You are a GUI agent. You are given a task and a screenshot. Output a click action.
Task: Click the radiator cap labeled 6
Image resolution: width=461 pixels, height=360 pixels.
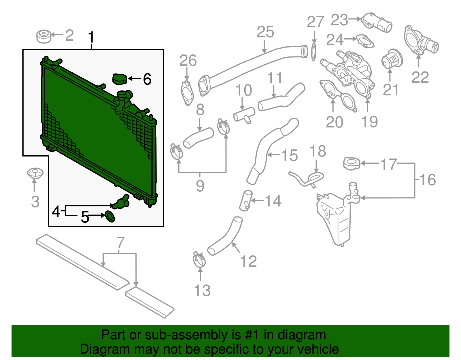click(120, 79)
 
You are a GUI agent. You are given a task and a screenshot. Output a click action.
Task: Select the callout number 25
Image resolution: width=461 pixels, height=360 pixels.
click(265, 32)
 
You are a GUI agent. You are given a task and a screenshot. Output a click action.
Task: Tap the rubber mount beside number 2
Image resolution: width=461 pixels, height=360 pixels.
click(44, 36)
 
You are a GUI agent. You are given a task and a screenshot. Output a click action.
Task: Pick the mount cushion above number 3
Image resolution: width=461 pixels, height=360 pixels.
click(35, 173)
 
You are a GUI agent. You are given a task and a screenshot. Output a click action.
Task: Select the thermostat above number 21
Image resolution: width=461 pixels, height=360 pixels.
click(392, 59)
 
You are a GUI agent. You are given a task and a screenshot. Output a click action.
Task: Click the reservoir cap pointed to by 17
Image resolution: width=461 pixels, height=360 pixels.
click(352, 163)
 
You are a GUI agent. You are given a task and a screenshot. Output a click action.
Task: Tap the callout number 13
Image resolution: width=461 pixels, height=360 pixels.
click(202, 290)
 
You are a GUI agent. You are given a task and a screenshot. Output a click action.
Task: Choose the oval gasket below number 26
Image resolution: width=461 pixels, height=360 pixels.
click(187, 93)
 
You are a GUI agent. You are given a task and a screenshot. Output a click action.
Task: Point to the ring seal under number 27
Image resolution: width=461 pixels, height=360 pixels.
click(314, 52)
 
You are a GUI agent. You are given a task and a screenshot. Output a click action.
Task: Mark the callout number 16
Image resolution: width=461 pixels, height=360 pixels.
click(428, 180)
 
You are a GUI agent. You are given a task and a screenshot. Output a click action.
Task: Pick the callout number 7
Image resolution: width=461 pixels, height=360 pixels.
click(120, 243)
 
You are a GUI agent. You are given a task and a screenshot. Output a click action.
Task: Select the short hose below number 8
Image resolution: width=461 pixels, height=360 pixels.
click(198, 138)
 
